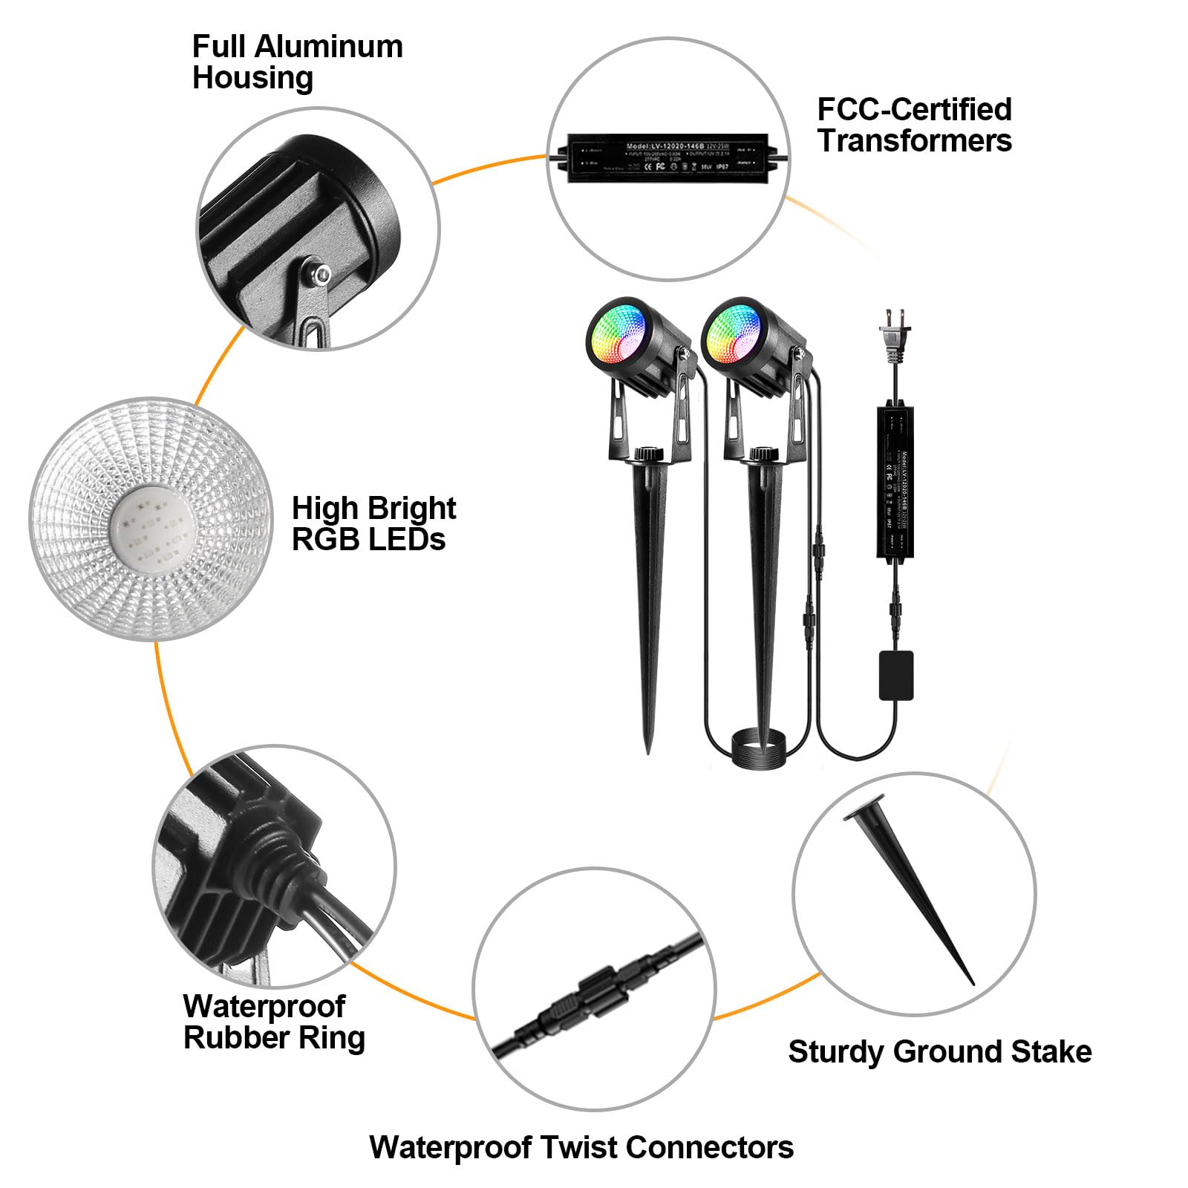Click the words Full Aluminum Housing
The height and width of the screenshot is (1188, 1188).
pyautogui.click(x=297, y=62)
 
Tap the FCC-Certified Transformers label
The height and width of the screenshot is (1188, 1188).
pyautogui.click(x=914, y=125)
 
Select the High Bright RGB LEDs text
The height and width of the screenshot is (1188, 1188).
pyautogui.click(x=373, y=523)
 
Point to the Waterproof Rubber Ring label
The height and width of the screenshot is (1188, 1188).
pyautogui.click(x=273, y=1022)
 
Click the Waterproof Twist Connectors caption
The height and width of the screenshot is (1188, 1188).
pyautogui.click(x=581, y=1147)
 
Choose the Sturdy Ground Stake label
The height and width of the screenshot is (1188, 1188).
pyautogui.click(x=939, y=1051)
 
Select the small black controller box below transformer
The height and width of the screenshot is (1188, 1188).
pyautogui.click(x=895, y=675)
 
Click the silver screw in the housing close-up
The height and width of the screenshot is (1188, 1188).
pyautogui.click(x=322, y=275)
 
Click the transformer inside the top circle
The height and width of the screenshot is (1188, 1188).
pyautogui.click(x=669, y=157)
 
